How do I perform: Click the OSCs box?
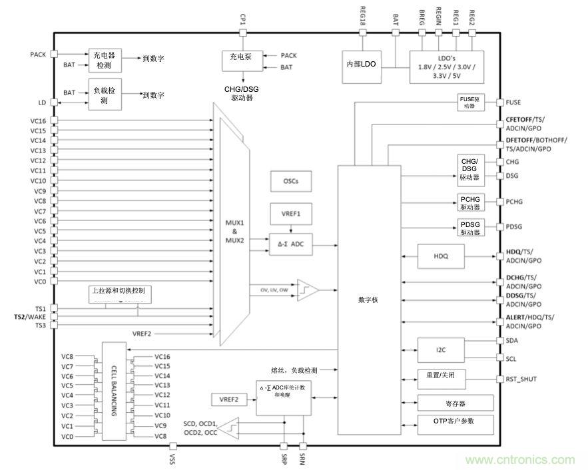291,181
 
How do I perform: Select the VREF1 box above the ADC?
291,214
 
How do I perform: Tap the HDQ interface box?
440,256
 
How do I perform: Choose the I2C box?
440,350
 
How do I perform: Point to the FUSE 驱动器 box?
471,103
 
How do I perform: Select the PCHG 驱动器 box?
472,202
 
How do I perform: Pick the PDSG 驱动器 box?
472,228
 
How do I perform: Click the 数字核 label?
368,300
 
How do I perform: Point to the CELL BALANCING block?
114,391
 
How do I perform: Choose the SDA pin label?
512,340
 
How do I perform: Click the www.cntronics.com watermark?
519,460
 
